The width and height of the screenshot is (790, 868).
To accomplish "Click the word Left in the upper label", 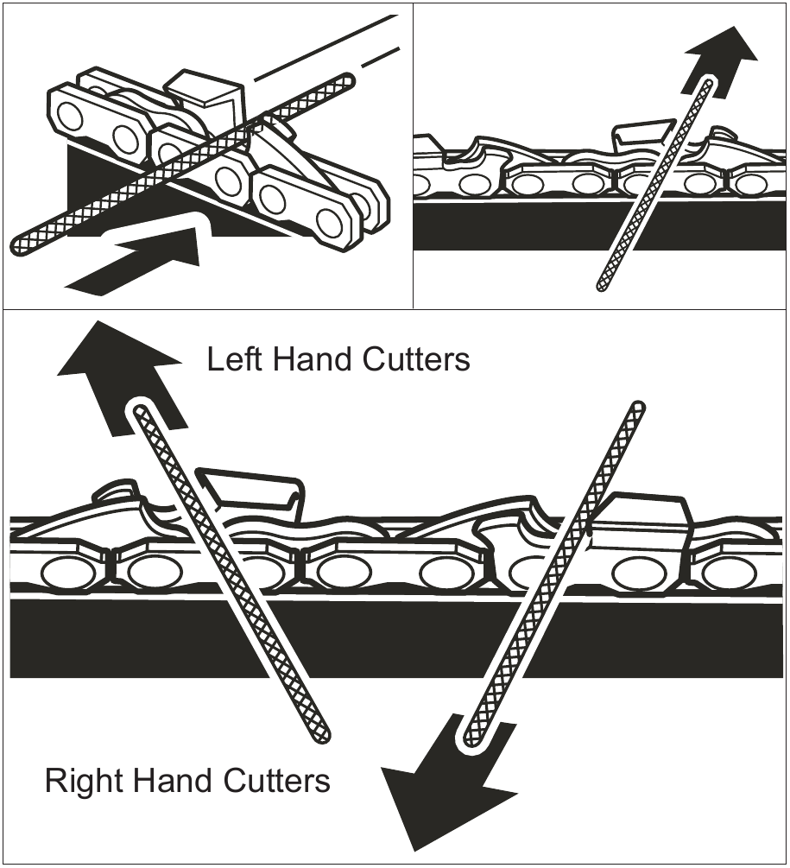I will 233,359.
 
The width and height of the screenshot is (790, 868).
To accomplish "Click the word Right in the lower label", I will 81,782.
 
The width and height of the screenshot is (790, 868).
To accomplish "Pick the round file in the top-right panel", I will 652,186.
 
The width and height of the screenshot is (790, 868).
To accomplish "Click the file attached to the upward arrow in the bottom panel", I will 229,570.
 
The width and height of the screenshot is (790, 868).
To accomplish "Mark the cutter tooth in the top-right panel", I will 643,134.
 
